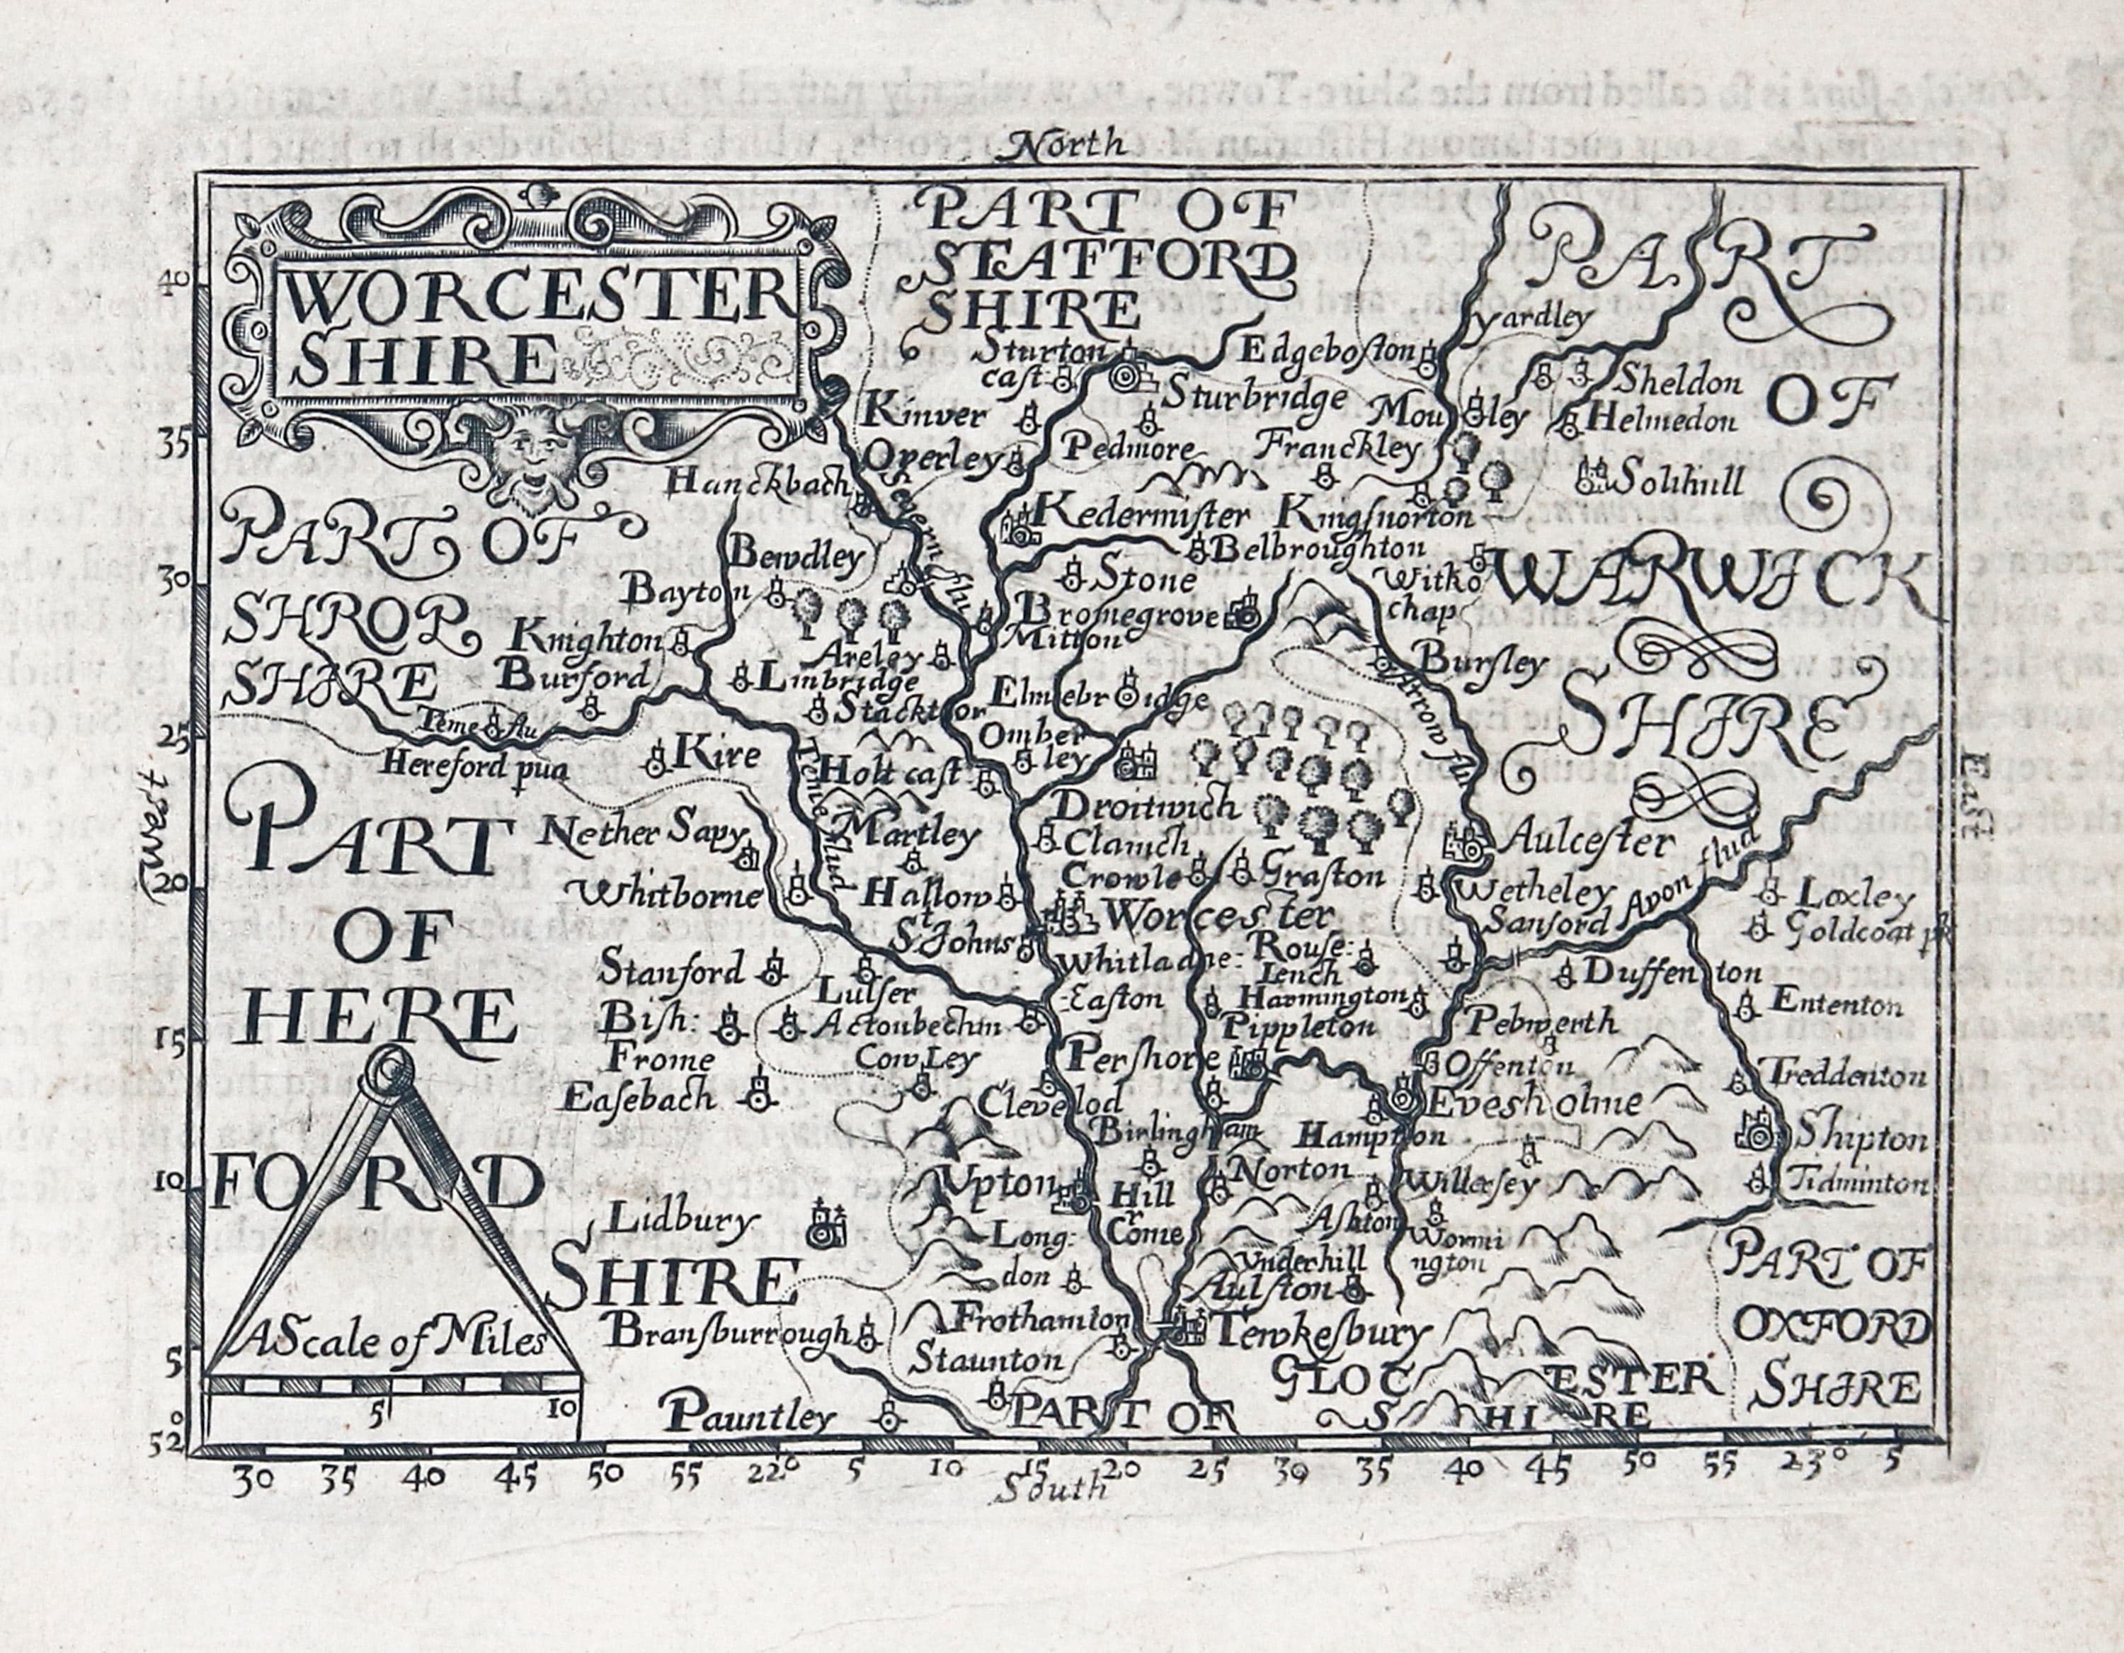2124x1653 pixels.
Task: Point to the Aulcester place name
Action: click(x=1587, y=843)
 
